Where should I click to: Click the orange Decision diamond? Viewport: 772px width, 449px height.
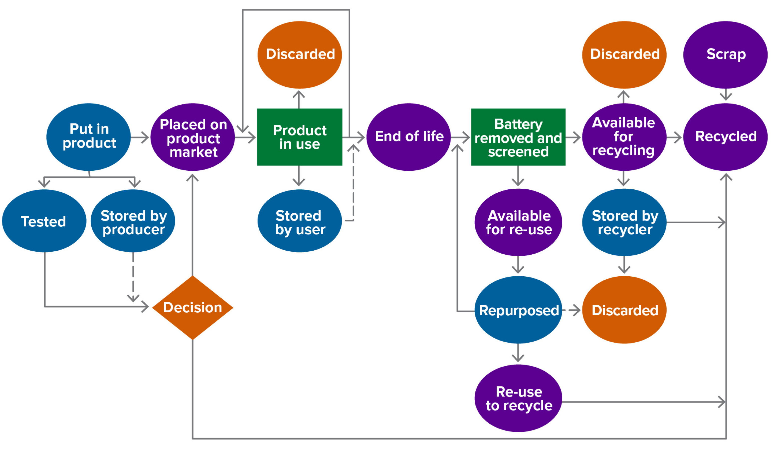coord(193,307)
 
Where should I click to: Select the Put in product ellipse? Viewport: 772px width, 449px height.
coord(89,137)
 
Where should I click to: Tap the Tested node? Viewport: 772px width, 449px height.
coord(44,221)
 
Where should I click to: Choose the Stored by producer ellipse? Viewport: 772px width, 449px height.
coord(133,221)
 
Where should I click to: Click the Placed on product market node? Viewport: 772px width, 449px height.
coord(193,137)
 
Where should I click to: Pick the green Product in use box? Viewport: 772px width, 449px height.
coord(299,137)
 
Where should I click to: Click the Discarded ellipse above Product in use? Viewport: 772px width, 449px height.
coord(299,54)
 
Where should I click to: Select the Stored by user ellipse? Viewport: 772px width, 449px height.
coord(299,221)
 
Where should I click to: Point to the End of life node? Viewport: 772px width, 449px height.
coord(408,137)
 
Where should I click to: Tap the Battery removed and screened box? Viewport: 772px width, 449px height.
coord(518,137)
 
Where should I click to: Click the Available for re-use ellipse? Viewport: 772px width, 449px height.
coord(518,222)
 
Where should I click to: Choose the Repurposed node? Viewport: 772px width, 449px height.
coord(518,310)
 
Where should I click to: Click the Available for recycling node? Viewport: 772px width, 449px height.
coord(624,137)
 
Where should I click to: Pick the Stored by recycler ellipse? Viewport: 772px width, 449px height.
coord(624,222)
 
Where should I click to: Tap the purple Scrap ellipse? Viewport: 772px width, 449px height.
coord(725,54)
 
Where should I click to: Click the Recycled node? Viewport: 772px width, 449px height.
coord(725,137)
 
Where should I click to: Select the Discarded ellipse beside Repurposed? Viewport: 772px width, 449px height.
coord(624,310)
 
